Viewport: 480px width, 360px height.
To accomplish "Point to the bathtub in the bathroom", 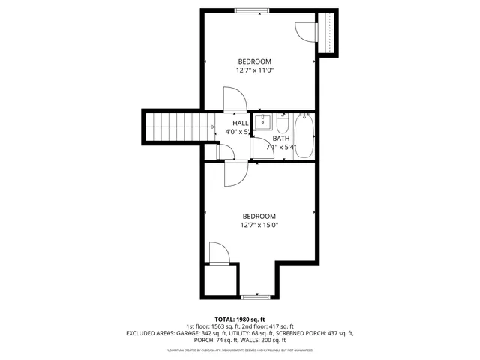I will pyautogui.click(x=304, y=135).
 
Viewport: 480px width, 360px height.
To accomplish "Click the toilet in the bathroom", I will pyautogui.click(x=283, y=123).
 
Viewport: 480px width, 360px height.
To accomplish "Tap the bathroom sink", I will pyautogui.click(x=264, y=122).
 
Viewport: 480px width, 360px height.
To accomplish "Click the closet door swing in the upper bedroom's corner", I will pyautogui.click(x=306, y=30).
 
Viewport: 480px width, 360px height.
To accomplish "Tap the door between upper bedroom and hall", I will pyautogui.click(x=233, y=99).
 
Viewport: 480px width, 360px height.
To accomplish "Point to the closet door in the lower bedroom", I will pyautogui.click(x=219, y=253).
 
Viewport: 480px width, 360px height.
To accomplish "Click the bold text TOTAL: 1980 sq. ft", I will pyautogui.click(x=240, y=319).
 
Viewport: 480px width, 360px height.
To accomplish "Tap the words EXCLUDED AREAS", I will pyautogui.click(x=150, y=332).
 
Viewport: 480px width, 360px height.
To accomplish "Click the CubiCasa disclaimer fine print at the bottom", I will pyautogui.click(x=240, y=349).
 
